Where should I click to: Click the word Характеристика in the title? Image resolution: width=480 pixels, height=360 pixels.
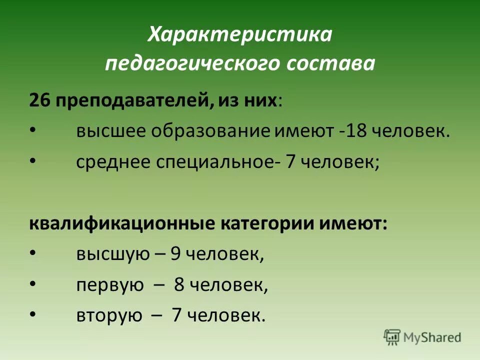240,35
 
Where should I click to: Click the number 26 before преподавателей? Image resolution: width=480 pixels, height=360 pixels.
39,100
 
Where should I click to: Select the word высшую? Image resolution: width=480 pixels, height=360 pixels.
113,254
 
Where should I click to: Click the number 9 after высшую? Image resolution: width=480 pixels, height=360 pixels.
175,254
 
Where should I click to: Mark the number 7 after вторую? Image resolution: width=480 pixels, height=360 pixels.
176,315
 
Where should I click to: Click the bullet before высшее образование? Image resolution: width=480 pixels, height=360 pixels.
32,131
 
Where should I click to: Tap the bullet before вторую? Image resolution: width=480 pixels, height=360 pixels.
32,315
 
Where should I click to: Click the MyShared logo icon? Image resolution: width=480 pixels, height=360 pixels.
392,336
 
